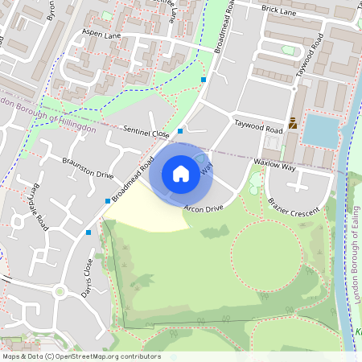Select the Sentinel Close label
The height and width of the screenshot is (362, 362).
146,131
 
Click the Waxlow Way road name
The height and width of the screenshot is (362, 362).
275,163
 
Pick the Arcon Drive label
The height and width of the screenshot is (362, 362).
203,209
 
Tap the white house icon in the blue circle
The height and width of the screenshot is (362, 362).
181,174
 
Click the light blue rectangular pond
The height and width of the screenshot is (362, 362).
322,130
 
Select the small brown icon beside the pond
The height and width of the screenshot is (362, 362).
293,125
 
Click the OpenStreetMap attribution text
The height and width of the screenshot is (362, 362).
81,356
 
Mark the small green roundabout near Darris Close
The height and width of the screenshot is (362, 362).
59,291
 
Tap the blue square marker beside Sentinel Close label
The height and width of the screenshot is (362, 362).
180,130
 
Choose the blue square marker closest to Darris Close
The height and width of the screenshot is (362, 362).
88,232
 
